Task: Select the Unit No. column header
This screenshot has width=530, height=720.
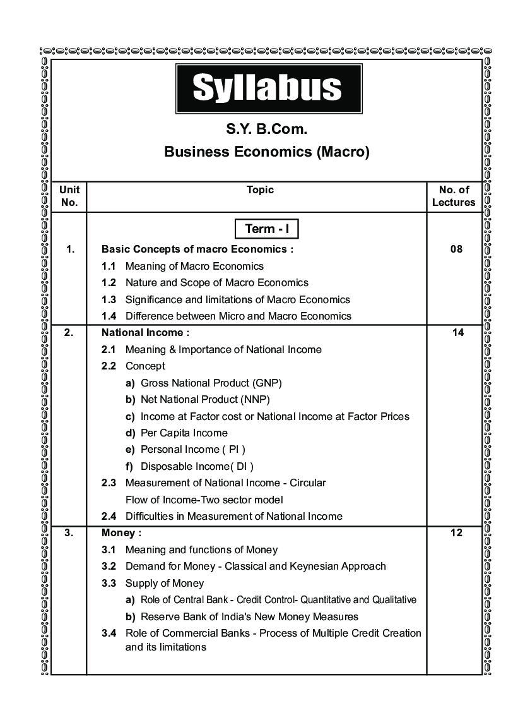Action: tap(69, 196)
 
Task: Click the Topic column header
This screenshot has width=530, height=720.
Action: tap(260, 189)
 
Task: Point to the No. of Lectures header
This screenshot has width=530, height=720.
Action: tap(454, 196)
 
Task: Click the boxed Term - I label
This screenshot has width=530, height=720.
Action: tap(267, 229)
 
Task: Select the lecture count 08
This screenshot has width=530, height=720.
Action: tap(456, 249)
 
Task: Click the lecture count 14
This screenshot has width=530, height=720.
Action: tap(457, 332)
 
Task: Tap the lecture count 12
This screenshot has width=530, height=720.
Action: tap(457, 532)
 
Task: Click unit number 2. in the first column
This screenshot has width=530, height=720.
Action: tap(69, 332)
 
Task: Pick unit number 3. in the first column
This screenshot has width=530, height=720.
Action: tap(69, 532)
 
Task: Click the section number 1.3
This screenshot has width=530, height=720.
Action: tap(109, 299)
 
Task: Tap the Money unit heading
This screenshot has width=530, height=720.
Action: tap(121, 532)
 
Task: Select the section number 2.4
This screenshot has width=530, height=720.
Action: tap(109, 516)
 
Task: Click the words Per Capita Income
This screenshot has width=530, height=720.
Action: tap(184, 433)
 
